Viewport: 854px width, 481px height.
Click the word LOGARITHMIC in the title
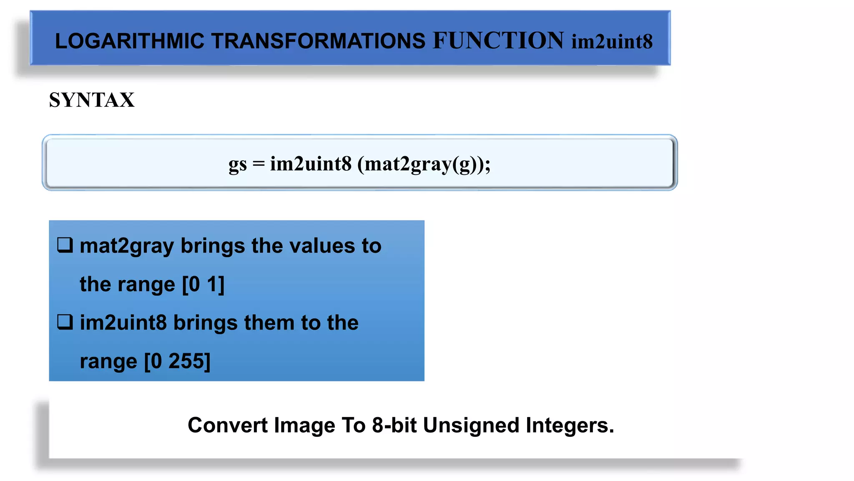130,41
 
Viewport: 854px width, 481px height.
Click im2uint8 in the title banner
612,41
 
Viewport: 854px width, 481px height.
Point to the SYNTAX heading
92,100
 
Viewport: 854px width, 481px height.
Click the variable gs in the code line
237,164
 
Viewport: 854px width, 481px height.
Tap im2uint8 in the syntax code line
311,163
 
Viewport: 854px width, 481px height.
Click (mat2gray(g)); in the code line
424,164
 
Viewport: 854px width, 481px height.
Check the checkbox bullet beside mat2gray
65,245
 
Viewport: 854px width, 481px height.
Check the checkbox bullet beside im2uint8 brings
65,322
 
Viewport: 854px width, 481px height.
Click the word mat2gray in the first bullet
126,246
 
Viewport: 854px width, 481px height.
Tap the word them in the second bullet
269,323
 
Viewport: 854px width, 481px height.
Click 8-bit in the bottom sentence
394,425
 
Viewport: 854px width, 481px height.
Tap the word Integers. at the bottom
570,425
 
